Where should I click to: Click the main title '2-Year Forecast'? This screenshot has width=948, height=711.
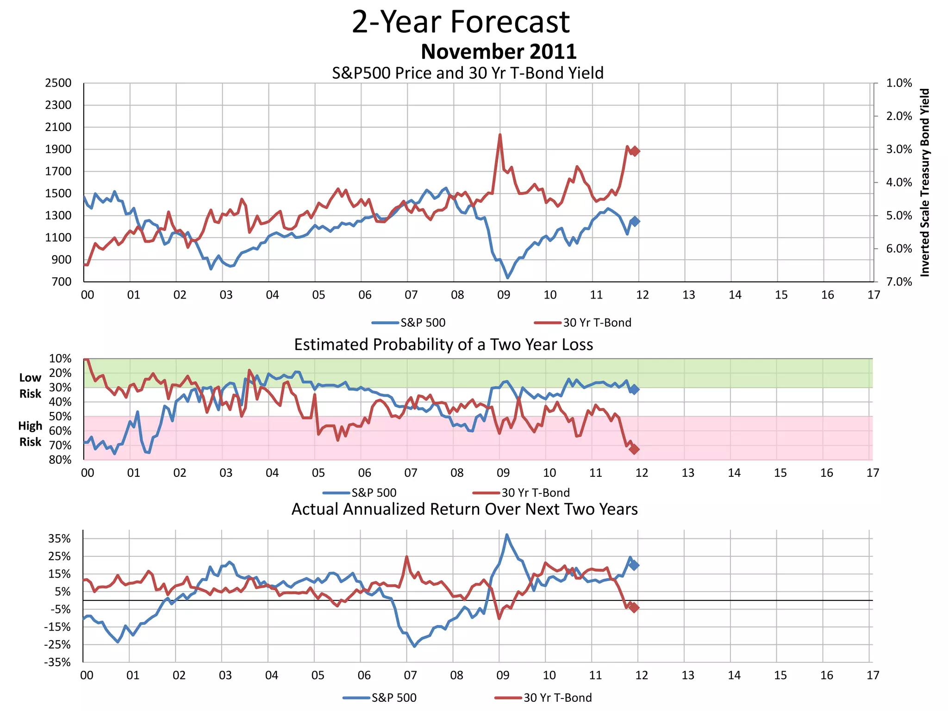461,22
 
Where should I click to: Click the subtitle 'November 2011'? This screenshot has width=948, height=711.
499,51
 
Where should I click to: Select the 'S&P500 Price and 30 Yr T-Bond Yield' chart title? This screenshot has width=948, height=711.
468,73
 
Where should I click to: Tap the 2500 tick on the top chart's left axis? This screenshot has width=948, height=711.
58,83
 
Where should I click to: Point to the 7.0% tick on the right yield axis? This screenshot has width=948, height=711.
899,282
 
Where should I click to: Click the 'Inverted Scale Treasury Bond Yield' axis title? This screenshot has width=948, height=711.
924,182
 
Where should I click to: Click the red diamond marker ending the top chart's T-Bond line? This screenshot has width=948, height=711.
635,151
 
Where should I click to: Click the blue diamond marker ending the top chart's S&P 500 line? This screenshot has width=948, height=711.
635,221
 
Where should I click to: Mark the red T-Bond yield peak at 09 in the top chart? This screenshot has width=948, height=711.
500,135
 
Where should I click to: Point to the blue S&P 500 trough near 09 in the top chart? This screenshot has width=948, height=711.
508,277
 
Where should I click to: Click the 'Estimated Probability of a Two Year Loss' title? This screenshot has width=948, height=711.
443,345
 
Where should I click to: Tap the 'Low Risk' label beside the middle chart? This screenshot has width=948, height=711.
30,386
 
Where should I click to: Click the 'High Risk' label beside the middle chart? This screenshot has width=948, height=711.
30,434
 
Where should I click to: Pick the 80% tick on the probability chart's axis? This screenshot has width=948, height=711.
60,460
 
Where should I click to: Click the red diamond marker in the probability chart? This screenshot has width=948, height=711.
634,449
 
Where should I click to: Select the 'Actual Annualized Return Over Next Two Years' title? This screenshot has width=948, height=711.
464,509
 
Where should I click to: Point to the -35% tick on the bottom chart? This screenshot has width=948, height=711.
57,662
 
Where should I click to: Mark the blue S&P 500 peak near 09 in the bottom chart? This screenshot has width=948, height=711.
507,535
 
